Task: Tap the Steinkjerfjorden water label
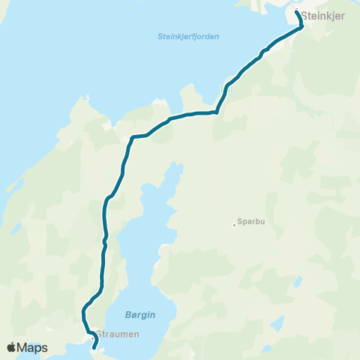tap(188, 36)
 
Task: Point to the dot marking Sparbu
tap(234, 222)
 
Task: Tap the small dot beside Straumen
tap(92, 337)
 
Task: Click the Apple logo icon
tap(12, 347)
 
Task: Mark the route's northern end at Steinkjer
tap(297, 13)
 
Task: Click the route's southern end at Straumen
tap(94, 348)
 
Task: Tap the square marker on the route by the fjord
tap(221, 88)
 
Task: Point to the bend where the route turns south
tap(133, 137)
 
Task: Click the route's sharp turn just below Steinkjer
tap(301, 27)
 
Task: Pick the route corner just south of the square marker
tap(216, 112)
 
